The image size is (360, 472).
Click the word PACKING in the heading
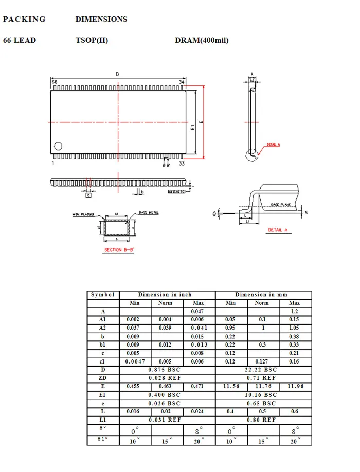click(x=24, y=20)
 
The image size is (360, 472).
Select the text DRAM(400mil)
click(x=202, y=40)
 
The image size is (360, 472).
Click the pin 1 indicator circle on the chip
click(x=58, y=146)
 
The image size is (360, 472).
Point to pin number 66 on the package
click(x=53, y=82)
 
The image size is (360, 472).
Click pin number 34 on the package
click(x=182, y=82)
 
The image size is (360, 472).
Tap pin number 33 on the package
click(x=182, y=164)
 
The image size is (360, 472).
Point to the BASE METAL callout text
click(x=149, y=213)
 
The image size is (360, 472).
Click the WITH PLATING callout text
click(x=84, y=215)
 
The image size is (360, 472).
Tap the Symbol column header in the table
click(x=103, y=295)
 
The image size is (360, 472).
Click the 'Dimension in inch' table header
click(x=167, y=295)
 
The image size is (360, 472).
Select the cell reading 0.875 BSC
click(x=167, y=370)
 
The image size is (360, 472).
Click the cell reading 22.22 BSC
click(x=263, y=370)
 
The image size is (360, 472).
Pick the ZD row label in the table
click(x=103, y=378)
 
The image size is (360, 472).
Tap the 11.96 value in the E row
click(x=295, y=386)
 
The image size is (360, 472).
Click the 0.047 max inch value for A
click(x=199, y=312)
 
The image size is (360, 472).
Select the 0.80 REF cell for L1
click(x=263, y=420)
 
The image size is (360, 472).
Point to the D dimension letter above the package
click(x=117, y=75)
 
